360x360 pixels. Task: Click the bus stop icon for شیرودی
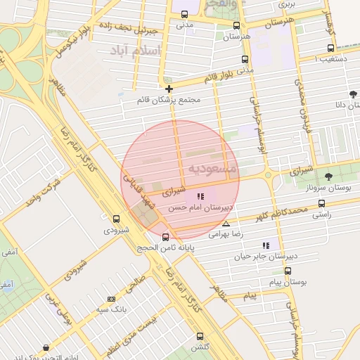(116, 219)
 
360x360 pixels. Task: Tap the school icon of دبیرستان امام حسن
(200, 197)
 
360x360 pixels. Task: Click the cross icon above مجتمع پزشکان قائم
(169, 89)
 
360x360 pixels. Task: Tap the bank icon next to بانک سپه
(111, 300)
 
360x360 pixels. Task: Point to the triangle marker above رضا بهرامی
(226, 224)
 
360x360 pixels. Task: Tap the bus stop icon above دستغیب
(330, 49)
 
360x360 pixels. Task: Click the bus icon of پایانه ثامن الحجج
(165, 237)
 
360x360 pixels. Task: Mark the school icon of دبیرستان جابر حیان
(266, 245)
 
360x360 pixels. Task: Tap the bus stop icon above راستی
(321, 203)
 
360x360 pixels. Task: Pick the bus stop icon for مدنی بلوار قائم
(245, 60)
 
